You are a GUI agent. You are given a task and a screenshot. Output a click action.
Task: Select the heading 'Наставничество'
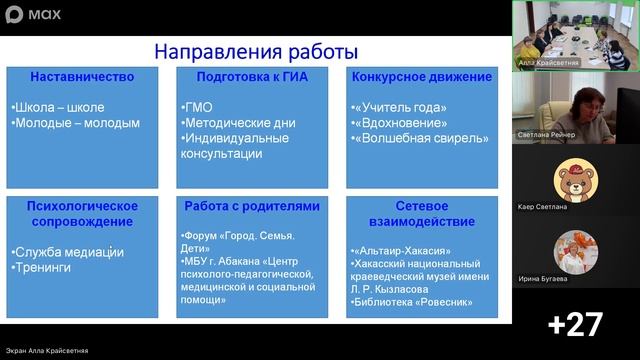pos(82,76)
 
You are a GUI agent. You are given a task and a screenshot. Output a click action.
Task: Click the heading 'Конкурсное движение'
pos(421,76)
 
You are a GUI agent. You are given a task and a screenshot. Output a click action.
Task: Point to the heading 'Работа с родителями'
pos(252,206)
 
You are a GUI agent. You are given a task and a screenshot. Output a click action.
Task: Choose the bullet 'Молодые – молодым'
pos(76,123)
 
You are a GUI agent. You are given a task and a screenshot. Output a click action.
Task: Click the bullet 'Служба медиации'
pos(69,252)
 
